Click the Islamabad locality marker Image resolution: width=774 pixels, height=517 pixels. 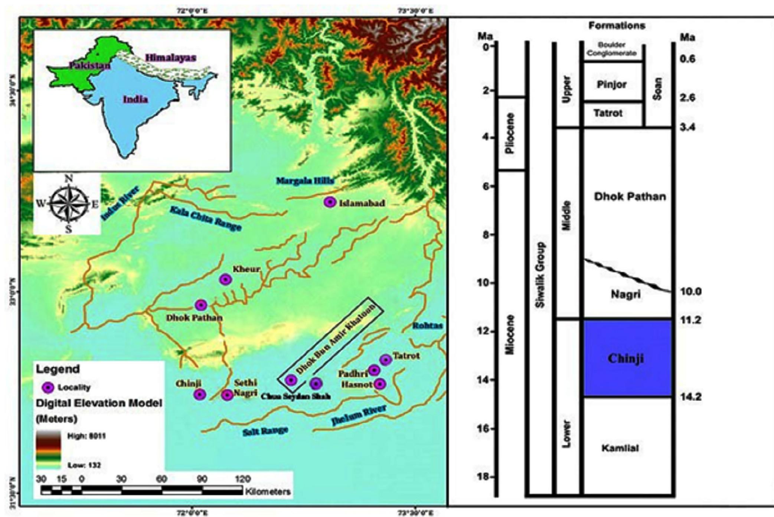coord(330,202)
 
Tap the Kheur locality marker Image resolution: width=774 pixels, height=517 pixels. coord(225,279)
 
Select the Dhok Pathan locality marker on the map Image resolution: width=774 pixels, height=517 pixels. coord(201,305)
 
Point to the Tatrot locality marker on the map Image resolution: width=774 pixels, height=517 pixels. coord(386,360)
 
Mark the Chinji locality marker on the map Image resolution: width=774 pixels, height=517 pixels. coord(200,394)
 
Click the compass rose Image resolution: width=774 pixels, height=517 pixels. coord(69,204)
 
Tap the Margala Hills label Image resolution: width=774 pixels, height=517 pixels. coord(305,181)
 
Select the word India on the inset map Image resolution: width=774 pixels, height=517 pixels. coord(135,99)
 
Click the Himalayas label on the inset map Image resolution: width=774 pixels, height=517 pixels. coord(170,58)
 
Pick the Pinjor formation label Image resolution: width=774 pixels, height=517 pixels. coord(612,84)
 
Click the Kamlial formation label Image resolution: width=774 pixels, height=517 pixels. coord(620,448)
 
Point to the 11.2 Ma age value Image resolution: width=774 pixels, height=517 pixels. coord(691,320)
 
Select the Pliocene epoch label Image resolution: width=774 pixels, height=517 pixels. coord(510,133)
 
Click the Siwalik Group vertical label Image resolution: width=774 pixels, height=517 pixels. coord(541,275)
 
